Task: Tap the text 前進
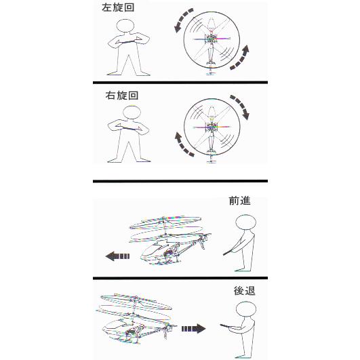[x=241, y=201]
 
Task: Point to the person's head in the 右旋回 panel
[x=129, y=113]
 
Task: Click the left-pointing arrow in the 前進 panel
[x=118, y=256]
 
